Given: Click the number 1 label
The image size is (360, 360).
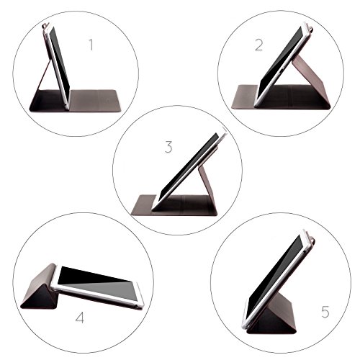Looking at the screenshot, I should (x=91, y=45).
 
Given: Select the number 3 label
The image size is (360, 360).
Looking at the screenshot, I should (x=168, y=148).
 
